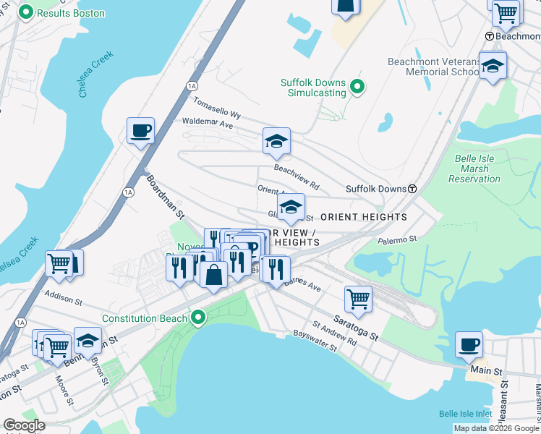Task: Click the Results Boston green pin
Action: click(26, 13)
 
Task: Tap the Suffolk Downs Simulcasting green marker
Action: click(357, 88)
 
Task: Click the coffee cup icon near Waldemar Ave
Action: click(140, 132)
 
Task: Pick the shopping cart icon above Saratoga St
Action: click(357, 297)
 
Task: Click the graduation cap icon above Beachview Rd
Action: click(276, 141)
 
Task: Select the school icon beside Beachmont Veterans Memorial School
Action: click(493, 66)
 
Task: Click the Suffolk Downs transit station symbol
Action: click(412, 189)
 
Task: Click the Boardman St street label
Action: click(166, 195)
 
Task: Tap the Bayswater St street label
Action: click(315, 341)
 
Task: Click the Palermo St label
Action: click(397, 238)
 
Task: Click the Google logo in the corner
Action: click(24, 425)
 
